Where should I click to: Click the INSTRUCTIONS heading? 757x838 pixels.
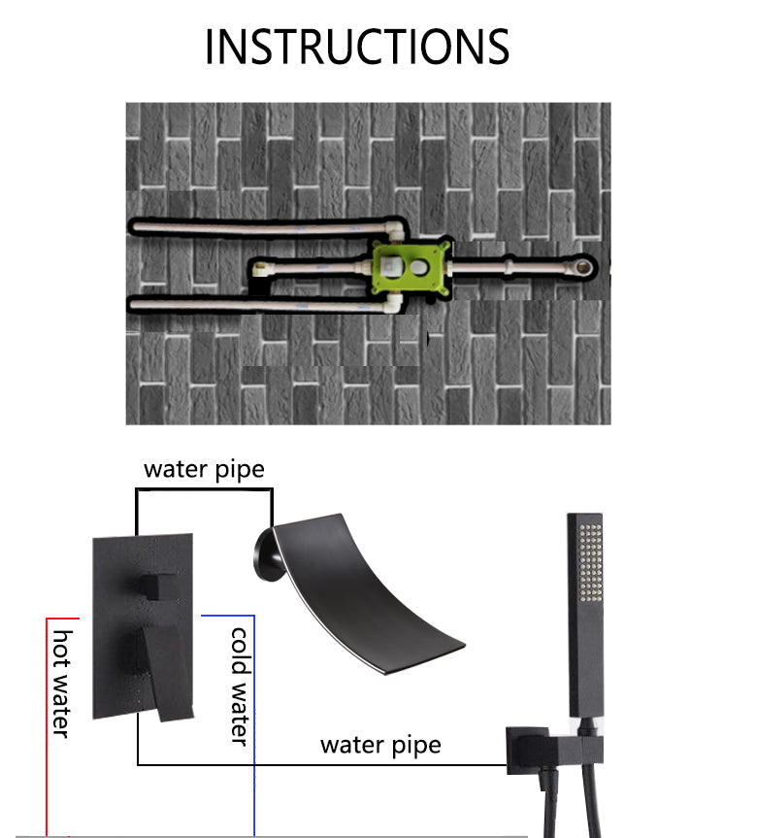tap(357, 47)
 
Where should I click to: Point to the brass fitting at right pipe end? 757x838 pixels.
tap(583, 266)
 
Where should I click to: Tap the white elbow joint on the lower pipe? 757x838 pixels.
tap(394, 304)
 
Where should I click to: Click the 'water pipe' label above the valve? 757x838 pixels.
tap(204, 470)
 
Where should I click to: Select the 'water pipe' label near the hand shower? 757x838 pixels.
tap(380, 746)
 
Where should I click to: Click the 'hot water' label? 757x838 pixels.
tap(62, 684)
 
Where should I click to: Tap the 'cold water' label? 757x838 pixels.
tap(240, 687)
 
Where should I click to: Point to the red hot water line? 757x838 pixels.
tap(47, 727)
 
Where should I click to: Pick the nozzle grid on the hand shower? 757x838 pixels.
tap(591, 562)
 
